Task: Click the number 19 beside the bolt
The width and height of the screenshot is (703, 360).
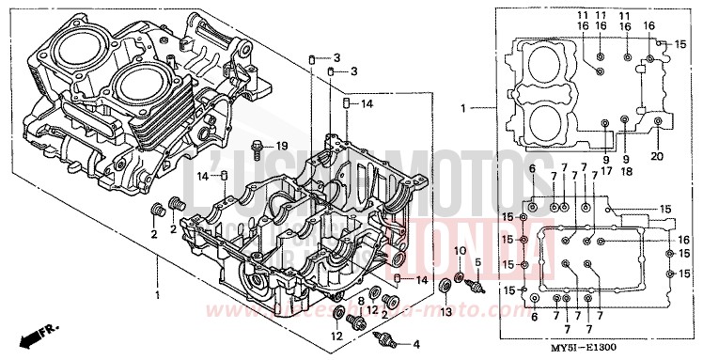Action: [280, 145]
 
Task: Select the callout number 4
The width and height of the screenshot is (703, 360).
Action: [416, 344]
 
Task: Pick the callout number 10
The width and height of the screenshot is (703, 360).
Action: [461, 250]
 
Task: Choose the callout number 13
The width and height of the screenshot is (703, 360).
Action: [445, 311]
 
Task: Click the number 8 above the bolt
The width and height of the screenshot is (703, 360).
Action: [360, 300]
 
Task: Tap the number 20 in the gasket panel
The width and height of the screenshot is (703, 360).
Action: [657, 156]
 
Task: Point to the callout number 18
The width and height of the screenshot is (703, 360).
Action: [626, 171]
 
